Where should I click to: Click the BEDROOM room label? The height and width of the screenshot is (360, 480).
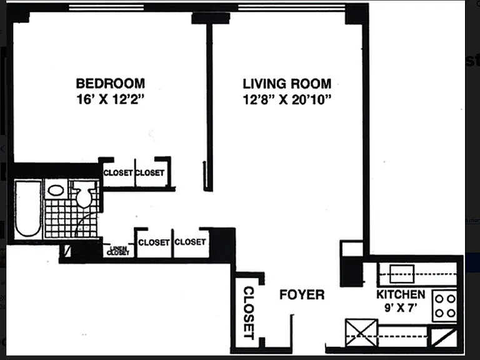[x=110, y=84]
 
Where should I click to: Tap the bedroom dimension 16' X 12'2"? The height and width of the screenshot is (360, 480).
[x=110, y=99]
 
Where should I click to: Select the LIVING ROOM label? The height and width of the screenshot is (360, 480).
[x=287, y=84]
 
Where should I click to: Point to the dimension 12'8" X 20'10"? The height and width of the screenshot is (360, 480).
[x=287, y=99]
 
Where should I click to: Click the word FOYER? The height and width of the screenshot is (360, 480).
[x=302, y=294]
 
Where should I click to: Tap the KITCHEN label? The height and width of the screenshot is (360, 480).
[x=401, y=294]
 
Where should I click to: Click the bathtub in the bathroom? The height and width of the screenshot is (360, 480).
[x=28, y=209]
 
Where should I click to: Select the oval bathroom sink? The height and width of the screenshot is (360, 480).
[x=56, y=191]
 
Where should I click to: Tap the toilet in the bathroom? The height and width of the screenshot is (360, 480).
[x=84, y=194]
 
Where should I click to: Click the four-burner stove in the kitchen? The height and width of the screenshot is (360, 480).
[x=445, y=306]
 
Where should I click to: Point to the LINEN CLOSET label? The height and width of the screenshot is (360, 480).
[x=118, y=251]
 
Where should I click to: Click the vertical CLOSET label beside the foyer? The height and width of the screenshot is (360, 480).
[x=249, y=313]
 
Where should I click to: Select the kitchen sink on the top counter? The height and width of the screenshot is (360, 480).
[x=402, y=274]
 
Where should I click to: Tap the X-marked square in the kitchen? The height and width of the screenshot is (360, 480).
[x=361, y=332]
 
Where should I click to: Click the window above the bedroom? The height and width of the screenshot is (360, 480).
[x=106, y=7]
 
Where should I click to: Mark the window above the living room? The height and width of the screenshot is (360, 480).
[x=291, y=7]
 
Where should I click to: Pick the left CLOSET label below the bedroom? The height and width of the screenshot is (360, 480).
[x=118, y=173]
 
